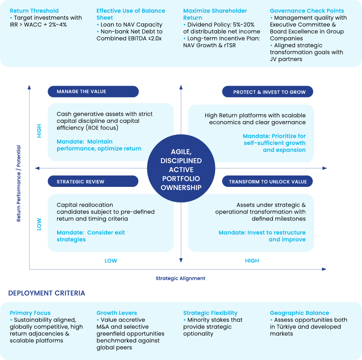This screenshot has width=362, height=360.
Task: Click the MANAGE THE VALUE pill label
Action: click(x=93, y=92)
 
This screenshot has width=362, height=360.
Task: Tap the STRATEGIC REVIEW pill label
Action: click(x=93, y=181)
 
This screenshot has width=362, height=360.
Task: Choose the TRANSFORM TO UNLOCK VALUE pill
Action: click(x=267, y=181)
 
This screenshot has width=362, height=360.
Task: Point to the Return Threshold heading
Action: click(x=34, y=11)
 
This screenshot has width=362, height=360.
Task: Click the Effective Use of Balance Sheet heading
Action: click(x=131, y=14)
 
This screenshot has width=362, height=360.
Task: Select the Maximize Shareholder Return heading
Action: click(x=215, y=14)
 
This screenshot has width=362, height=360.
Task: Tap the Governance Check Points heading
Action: click(x=307, y=11)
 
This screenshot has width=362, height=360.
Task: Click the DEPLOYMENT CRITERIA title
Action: click(x=46, y=293)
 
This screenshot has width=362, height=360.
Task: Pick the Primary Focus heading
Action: click(x=30, y=313)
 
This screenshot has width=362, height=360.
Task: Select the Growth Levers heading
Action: click(x=117, y=313)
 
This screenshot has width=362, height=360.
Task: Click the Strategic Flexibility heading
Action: click(x=210, y=313)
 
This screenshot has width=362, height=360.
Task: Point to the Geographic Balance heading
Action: click(x=299, y=313)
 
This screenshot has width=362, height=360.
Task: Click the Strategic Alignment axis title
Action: click(x=180, y=278)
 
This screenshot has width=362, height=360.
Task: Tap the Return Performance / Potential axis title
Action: click(x=19, y=183)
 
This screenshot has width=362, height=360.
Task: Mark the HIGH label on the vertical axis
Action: click(x=39, y=131)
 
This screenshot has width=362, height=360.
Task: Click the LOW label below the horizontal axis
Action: click(x=111, y=260)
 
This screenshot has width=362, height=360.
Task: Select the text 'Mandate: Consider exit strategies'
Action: click(x=91, y=236)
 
